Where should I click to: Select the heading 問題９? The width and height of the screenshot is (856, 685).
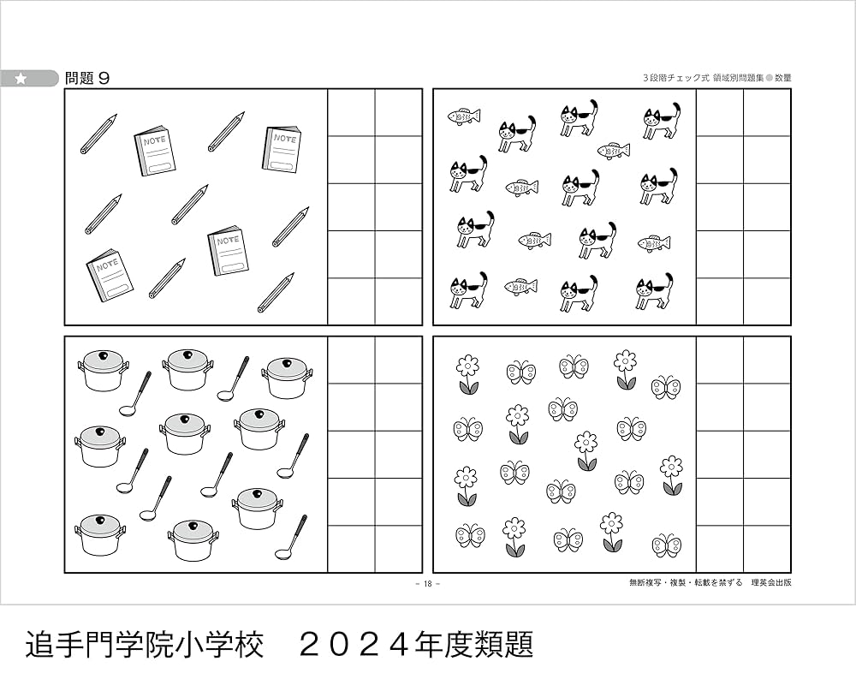[x=87, y=78]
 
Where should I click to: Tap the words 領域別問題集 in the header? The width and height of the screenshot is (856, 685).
[x=733, y=77]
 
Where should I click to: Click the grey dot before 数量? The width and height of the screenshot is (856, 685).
[x=769, y=77]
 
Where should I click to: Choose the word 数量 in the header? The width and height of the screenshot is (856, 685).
[x=782, y=77]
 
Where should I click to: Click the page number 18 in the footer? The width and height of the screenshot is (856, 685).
[x=427, y=583]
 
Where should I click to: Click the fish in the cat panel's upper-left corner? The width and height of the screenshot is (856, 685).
[x=464, y=116]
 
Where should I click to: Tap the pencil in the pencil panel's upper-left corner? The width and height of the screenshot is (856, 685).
[x=98, y=134]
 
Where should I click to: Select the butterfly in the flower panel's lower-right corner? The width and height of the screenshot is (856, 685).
[x=666, y=545]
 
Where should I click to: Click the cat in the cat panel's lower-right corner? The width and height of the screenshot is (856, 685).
[x=655, y=292]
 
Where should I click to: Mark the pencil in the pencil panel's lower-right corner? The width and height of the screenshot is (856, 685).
[x=276, y=293]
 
